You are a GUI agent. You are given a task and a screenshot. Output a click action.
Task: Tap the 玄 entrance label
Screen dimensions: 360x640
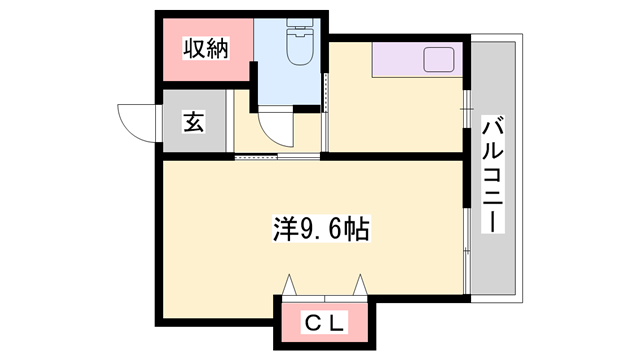(192, 123)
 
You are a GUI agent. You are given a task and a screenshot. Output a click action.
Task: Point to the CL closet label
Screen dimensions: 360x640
(325, 322)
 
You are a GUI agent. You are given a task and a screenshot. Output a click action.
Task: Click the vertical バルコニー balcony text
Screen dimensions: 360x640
(494, 172)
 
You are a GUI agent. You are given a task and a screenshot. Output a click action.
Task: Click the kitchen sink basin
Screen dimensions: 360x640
(438, 60)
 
